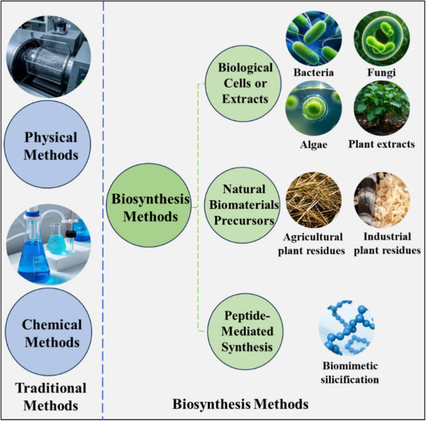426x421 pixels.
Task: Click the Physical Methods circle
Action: coord(49,146)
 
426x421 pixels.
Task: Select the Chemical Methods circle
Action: coord(51,334)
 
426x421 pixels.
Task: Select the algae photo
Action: coord(313,108)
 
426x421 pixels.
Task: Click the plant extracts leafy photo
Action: coord(381,108)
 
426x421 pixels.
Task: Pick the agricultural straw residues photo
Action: coord(313,199)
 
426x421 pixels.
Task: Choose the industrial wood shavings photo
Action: coord(381,199)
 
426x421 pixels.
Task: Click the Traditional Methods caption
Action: coord(50,396)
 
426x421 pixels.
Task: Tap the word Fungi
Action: coord(382,72)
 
